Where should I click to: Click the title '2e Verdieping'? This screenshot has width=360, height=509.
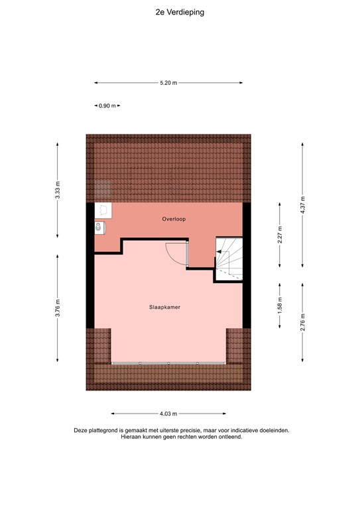click(180, 11)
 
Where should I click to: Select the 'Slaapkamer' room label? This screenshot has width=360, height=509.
click(165, 308)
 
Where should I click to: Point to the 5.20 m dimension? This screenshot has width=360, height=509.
click(168, 83)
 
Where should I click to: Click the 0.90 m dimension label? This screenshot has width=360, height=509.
click(107, 105)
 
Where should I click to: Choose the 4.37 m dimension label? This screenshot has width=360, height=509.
click(302, 205)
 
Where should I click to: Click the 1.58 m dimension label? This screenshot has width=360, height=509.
click(280, 307)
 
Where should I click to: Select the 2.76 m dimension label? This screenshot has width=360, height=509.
click(302, 321)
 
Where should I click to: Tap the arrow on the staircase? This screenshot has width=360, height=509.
click(219, 252)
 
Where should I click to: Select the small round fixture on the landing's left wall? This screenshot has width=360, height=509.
click(99, 227)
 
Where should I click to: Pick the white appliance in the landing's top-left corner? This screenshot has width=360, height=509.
click(103, 210)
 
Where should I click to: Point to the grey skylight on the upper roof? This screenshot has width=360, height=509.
click(101, 190)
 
